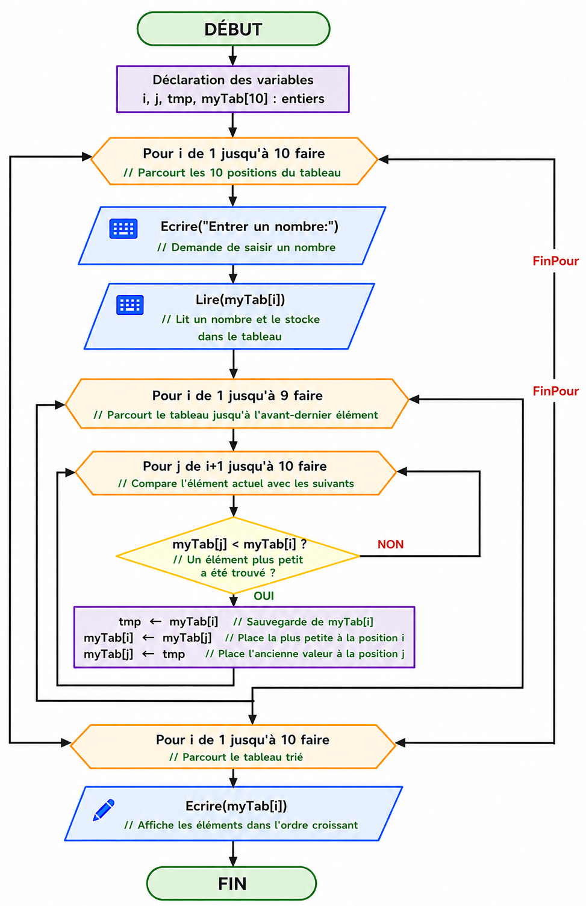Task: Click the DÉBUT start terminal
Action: click(x=234, y=29)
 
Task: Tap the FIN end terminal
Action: click(x=231, y=883)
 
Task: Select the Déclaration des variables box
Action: click(x=232, y=89)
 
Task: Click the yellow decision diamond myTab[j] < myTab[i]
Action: click(x=237, y=556)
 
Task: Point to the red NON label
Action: click(x=390, y=544)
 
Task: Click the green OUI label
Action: click(x=263, y=596)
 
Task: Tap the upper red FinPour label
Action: click(x=556, y=261)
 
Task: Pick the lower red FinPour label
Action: click(x=556, y=391)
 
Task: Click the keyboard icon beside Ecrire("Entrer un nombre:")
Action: click(x=123, y=229)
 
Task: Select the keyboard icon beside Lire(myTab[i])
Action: click(x=130, y=305)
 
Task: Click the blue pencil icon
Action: click(x=104, y=810)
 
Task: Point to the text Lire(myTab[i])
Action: click(x=240, y=300)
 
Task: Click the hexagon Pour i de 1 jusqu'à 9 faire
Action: click(x=237, y=403)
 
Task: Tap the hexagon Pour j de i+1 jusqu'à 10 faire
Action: click(x=235, y=473)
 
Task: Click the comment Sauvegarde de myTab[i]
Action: click(x=303, y=621)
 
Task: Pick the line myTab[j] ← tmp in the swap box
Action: click(x=134, y=654)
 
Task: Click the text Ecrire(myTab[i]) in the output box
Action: click(x=236, y=805)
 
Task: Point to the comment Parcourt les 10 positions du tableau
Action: click(x=232, y=173)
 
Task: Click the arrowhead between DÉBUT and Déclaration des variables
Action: click(x=232, y=60)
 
